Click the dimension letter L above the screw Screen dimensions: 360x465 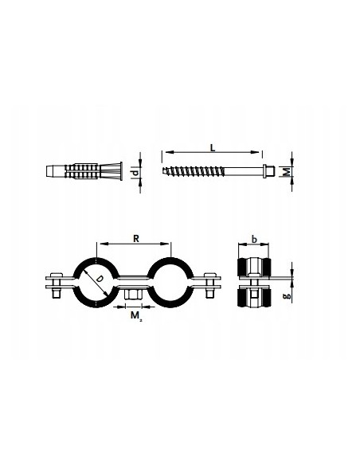point(213,147)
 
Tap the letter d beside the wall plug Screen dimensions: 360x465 point(135,173)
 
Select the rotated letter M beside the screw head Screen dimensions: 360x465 point(287,171)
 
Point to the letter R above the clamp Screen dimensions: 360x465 point(136,239)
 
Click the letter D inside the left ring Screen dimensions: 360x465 point(100,279)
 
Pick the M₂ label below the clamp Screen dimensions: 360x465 point(136,315)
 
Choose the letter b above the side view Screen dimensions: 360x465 point(254,239)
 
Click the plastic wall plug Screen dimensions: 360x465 point(84,171)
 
